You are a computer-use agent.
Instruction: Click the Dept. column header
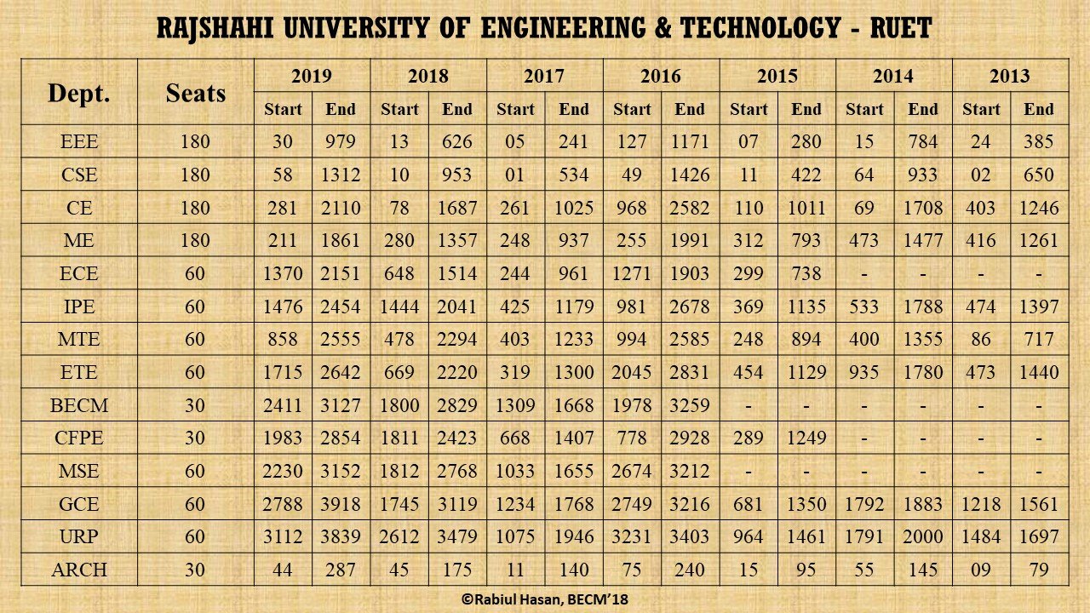pos(79,93)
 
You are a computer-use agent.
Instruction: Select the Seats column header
pos(195,93)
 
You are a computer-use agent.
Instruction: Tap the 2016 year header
pos(661,76)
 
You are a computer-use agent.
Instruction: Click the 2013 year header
pos(1010,76)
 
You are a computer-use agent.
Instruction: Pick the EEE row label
pos(79,141)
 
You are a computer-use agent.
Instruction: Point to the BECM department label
pos(79,405)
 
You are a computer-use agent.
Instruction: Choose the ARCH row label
pos(79,570)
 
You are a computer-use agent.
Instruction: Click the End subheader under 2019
pos(341,109)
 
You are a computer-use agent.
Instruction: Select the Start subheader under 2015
pos(749,109)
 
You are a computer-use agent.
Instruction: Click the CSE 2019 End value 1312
pos(341,175)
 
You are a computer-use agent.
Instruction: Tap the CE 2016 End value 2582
pos(690,208)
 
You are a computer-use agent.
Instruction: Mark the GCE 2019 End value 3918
pos(341,504)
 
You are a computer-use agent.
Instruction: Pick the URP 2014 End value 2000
pos(923,537)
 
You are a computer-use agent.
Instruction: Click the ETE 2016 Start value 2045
pos(632,372)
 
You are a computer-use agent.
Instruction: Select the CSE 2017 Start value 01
pos(515,175)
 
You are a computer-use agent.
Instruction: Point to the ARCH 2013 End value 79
pos(1039,570)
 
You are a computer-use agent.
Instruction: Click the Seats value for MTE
pos(195,339)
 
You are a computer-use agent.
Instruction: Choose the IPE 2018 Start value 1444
pos(399,306)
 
